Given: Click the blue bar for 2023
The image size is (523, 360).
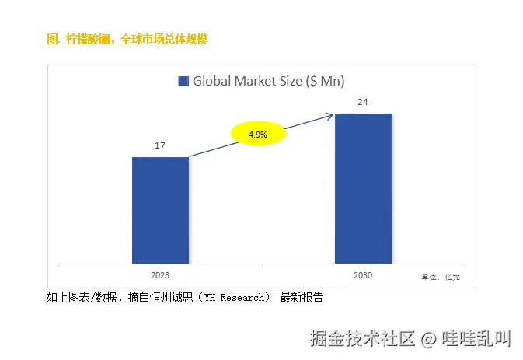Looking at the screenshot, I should [160, 210].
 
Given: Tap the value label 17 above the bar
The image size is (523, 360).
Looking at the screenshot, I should [160, 146].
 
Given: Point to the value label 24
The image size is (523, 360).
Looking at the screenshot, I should [363, 102].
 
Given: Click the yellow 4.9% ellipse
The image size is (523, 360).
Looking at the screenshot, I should [258, 135].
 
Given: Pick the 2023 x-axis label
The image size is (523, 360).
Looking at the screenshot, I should [160, 275].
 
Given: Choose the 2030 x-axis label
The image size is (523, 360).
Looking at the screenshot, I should [363, 275].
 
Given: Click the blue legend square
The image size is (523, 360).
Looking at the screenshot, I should [183, 81].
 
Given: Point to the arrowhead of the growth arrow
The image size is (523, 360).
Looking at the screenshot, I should [330, 116].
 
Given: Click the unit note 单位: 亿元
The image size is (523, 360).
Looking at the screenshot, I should [441, 277].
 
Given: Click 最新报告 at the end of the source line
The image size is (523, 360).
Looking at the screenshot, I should [302, 298].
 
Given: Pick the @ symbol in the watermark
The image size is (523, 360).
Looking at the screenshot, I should [428, 339].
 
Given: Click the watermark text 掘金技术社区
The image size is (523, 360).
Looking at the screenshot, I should [364, 339].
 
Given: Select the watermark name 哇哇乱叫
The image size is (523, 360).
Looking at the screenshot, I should [476, 339].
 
